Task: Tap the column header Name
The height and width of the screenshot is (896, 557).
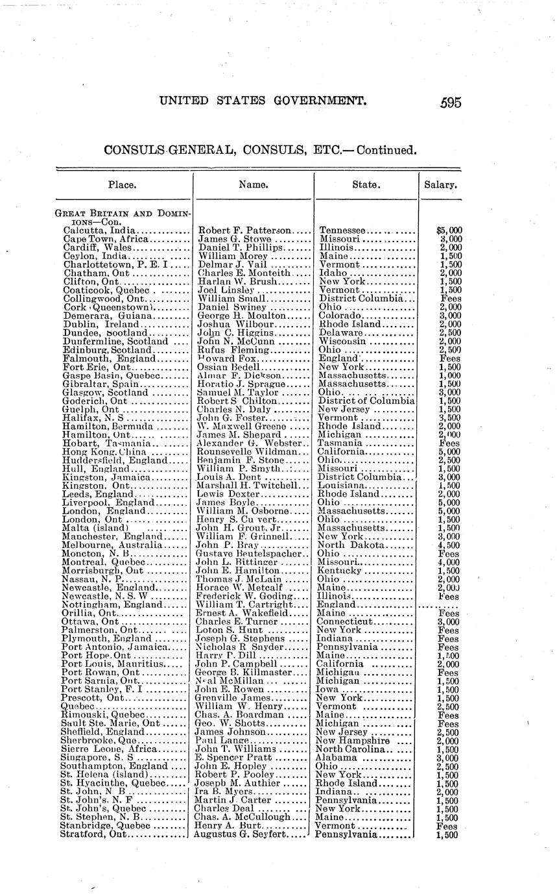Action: (x=254, y=184)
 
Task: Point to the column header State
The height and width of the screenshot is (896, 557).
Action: (x=366, y=184)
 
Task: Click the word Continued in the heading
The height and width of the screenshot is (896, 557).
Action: (x=382, y=151)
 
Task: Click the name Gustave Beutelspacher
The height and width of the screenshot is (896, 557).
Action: (x=250, y=554)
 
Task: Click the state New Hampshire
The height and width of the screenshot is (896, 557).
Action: (x=352, y=740)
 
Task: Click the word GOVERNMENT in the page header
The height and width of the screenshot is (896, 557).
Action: (x=313, y=101)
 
